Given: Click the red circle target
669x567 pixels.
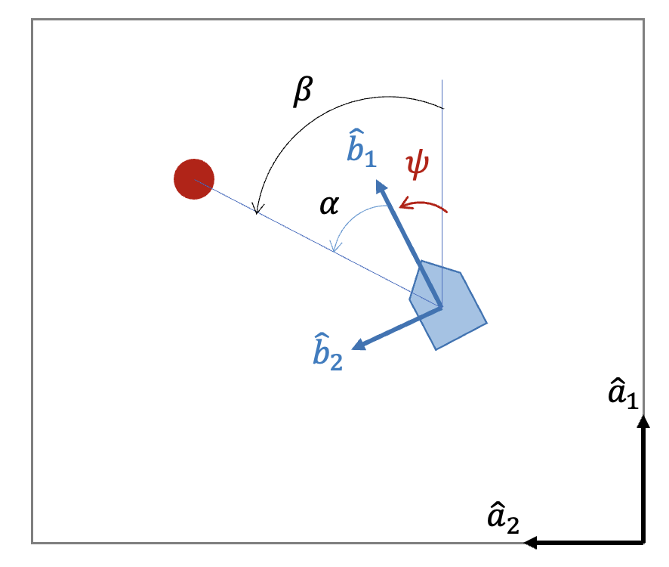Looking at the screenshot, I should point(194,179).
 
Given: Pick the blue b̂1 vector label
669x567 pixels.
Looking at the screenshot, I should point(360,150).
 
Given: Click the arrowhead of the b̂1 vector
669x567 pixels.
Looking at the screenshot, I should point(378,183).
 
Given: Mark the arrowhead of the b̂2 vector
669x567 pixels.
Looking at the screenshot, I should point(357,346).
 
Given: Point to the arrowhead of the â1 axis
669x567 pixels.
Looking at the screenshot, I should point(643,420).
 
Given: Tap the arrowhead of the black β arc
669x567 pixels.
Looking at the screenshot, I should point(258,212).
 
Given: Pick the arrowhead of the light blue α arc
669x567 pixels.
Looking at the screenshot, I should point(334,249).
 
